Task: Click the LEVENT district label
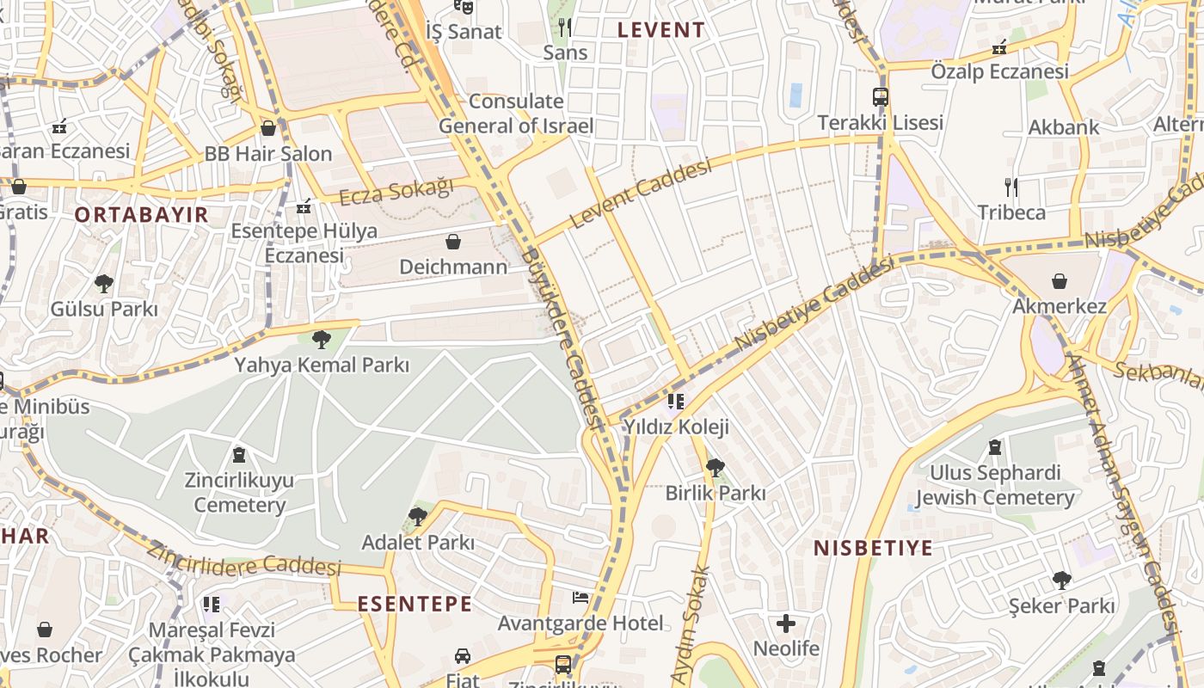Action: [661, 29]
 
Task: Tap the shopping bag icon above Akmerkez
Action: [1060, 281]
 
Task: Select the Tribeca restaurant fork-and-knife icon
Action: [1011, 187]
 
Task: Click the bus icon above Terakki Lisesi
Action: [880, 97]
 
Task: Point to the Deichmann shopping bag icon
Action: [453, 242]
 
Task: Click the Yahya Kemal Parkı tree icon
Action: [322, 340]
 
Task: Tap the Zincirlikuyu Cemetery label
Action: [239, 492]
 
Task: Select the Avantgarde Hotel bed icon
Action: [580, 598]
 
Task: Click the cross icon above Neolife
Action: [786, 623]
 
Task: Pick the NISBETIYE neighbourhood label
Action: [873, 548]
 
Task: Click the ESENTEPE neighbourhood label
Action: [415, 603]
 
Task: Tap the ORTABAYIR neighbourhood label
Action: [142, 214]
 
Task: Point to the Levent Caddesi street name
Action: [641, 193]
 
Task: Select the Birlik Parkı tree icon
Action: [715, 468]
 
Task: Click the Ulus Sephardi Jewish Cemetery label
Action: [995, 485]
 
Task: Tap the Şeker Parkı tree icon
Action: [1062, 580]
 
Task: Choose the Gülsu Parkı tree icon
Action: [104, 283]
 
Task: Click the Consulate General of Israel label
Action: [516, 114]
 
